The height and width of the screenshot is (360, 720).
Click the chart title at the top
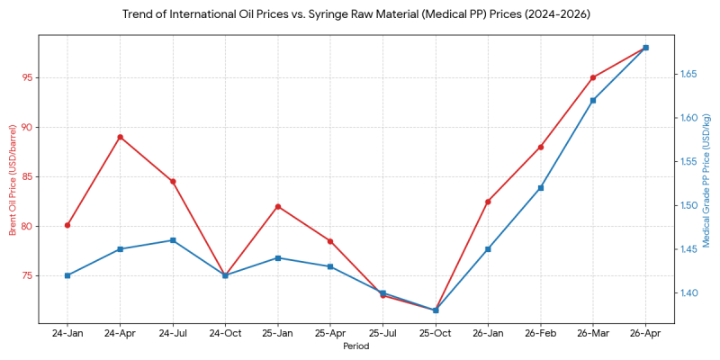[360, 14]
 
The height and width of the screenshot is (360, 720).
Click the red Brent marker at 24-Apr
[120, 137]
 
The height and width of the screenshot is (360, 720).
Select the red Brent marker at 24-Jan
[67, 225]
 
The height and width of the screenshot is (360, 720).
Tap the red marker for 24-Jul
[173, 181]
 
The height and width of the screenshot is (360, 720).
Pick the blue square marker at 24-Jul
[173, 240]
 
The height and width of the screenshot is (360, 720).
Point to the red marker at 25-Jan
[278, 206]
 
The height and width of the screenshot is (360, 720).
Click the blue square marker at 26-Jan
[488, 249]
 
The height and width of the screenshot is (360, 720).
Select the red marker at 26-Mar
[593, 77]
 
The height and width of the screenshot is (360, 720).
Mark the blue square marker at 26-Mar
[593, 100]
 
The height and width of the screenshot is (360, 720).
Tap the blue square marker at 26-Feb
[541, 188]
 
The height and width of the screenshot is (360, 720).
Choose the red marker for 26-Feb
[541, 147]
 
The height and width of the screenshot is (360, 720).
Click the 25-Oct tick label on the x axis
[436, 333]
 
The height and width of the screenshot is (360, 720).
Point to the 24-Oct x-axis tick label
[225, 333]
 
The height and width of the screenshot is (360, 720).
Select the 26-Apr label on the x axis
[645, 333]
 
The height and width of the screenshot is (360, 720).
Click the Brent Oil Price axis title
[13, 180]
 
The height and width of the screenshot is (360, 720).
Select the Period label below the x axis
[356, 346]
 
